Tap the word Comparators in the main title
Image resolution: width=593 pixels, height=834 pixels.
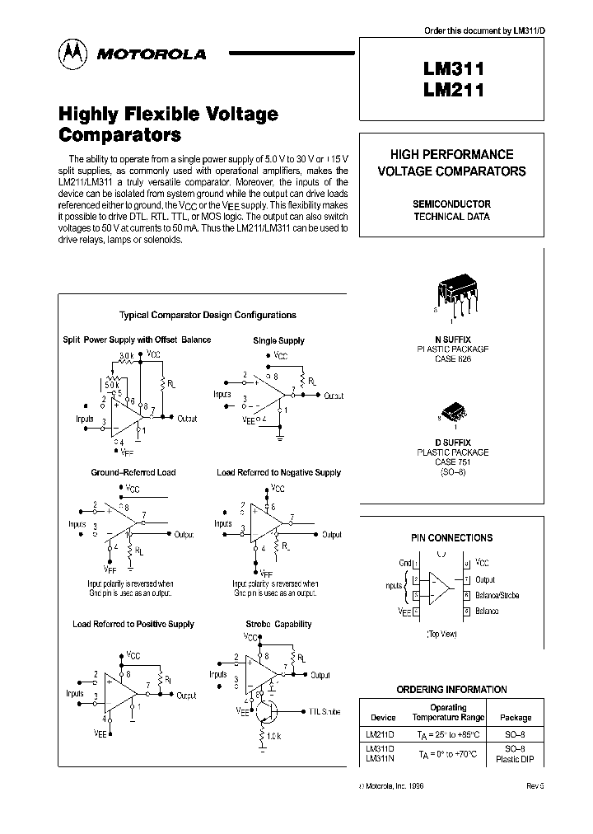coord(119,134)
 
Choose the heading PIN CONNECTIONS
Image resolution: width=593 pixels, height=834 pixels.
coord(451,537)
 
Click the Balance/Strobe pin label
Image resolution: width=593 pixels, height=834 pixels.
coord(497,595)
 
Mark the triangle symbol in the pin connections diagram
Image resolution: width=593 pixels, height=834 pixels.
coord(441,587)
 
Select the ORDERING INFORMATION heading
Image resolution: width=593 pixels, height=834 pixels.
coord(451,689)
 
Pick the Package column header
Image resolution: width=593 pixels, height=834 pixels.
coord(516,717)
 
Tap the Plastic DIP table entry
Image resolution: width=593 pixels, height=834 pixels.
coord(516,758)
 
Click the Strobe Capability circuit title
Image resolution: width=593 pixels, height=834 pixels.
coord(278,624)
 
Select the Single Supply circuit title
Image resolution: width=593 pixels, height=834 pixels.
coord(278,340)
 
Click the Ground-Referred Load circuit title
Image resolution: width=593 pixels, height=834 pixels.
coord(133,472)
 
